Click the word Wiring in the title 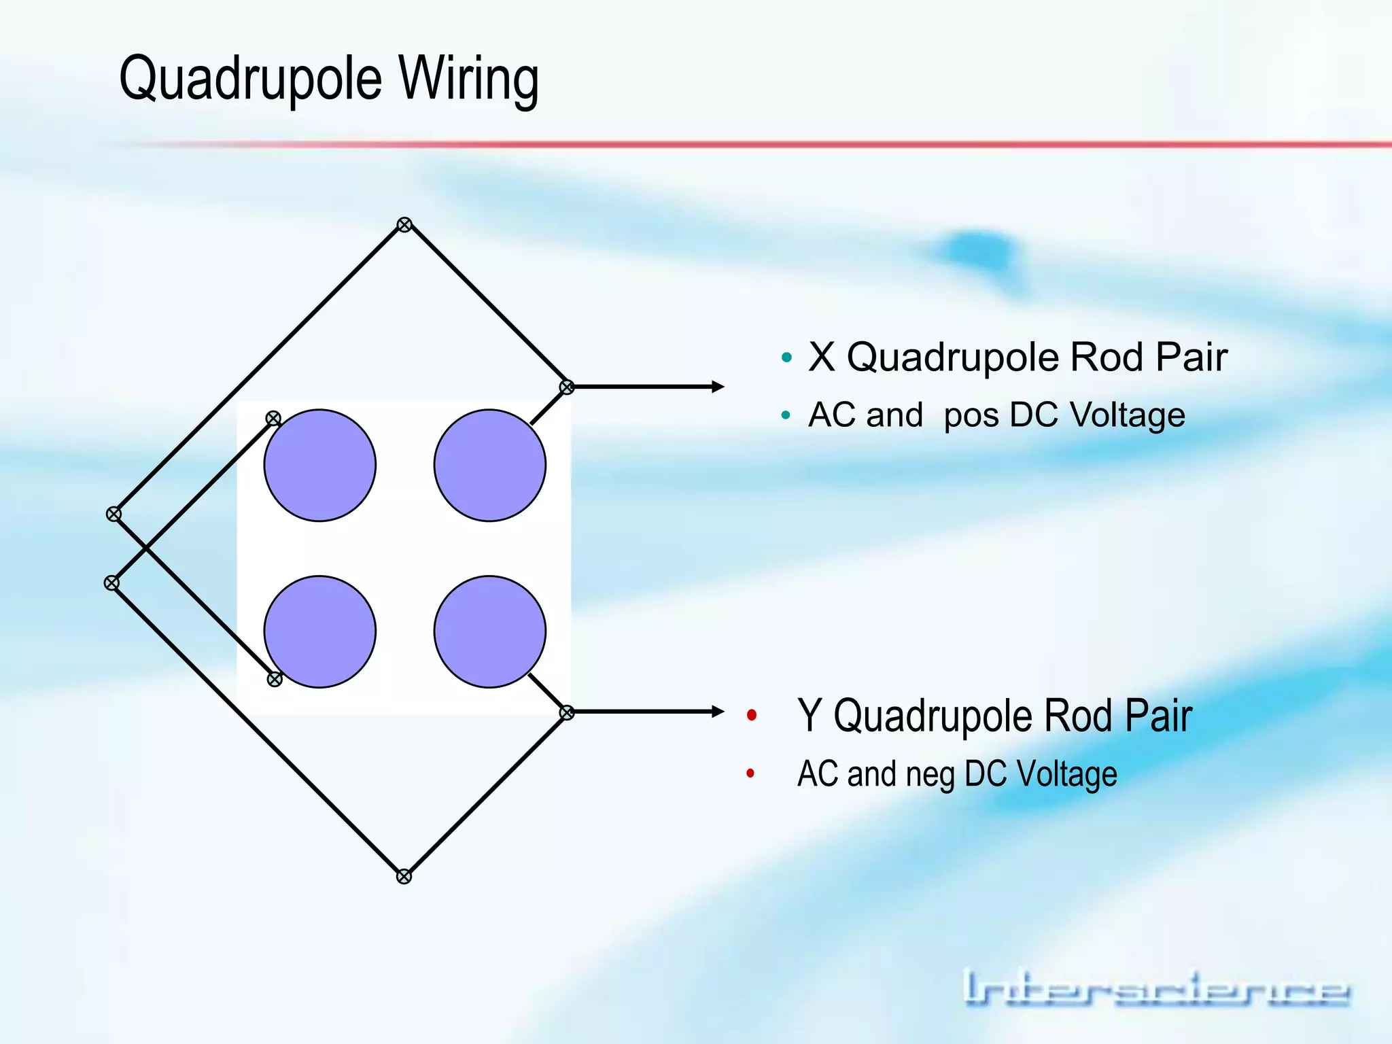(x=468, y=80)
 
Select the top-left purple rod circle (x=319, y=466)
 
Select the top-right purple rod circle (x=489, y=466)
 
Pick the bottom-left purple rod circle (x=319, y=632)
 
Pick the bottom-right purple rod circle (x=489, y=632)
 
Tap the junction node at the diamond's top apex (x=404, y=225)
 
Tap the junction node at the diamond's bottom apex (x=404, y=877)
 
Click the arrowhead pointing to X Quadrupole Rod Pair (x=718, y=387)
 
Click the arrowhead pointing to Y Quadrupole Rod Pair (x=718, y=712)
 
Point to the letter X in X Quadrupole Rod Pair (x=822, y=358)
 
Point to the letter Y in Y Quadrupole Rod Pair (x=810, y=716)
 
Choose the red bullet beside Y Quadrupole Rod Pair (x=752, y=715)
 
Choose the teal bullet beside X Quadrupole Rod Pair (x=787, y=358)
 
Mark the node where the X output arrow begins (x=567, y=387)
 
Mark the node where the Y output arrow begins (x=567, y=712)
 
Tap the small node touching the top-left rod (x=273, y=419)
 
